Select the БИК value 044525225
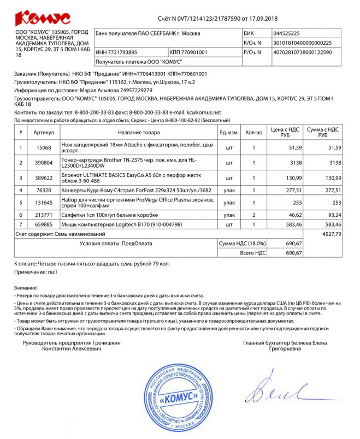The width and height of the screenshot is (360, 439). tap(287, 33)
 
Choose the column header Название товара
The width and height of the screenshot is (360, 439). tap(139, 133)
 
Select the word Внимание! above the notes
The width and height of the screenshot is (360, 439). tap(26, 287)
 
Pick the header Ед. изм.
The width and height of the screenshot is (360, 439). tap(229, 133)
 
